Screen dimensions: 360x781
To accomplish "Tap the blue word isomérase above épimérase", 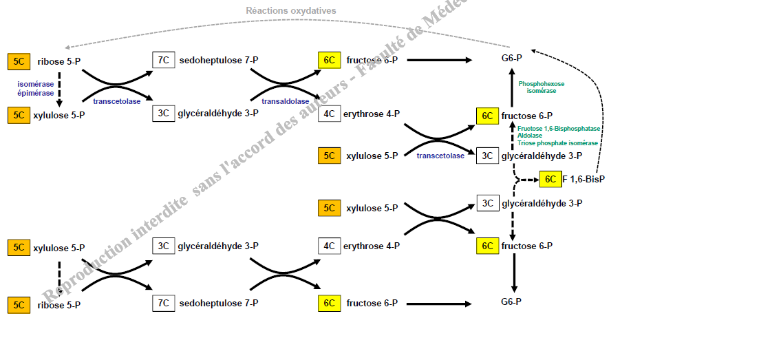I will pyautogui.click(x=36, y=84).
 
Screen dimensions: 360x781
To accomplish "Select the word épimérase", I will pyautogui.click(x=36, y=93).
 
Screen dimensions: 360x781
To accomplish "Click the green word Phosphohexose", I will pyautogui.click(x=542, y=84).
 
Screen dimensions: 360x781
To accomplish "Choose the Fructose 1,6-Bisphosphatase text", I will pyautogui.click(x=559, y=129).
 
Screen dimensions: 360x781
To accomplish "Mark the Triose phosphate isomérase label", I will pyautogui.click(x=558, y=143).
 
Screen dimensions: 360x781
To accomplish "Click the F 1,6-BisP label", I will pyautogui.click(x=584, y=179).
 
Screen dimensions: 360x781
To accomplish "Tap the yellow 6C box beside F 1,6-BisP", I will pyautogui.click(x=550, y=179).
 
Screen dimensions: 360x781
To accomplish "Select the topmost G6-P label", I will pyautogui.click(x=511, y=58).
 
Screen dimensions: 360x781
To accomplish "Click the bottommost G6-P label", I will pyautogui.click(x=511, y=301).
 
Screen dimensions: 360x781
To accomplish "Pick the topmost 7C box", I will pyautogui.click(x=163, y=60).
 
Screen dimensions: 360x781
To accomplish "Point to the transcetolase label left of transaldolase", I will pyautogui.click(x=117, y=101).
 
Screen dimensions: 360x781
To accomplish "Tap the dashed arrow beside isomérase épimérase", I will pyautogui.click(x=59, y=88).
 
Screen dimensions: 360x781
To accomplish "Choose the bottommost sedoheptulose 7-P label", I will pyautogui.click(x=219, y=303).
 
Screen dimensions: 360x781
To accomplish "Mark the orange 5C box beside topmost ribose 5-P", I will pyautogui.click(x=19, y=61).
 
